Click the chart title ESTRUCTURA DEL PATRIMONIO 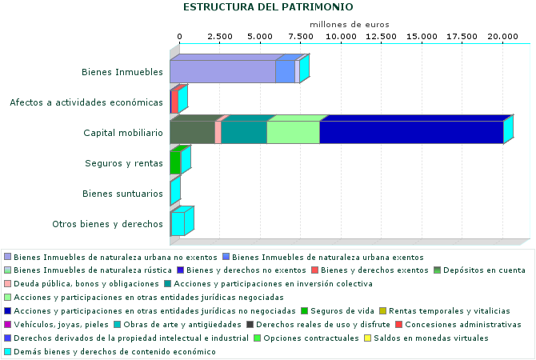(268, 7)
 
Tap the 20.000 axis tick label (503, 37)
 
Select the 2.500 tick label (220, 37)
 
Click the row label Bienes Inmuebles (122, 72)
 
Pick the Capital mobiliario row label (123, 133)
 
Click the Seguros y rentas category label (124, 163)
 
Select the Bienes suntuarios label (123, 194)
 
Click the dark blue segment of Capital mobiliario (410, 132)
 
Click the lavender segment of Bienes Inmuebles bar (222, 71)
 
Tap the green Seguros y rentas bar (175, 162)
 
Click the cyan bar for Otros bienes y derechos (178, 223)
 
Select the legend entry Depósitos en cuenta (485, 270)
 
